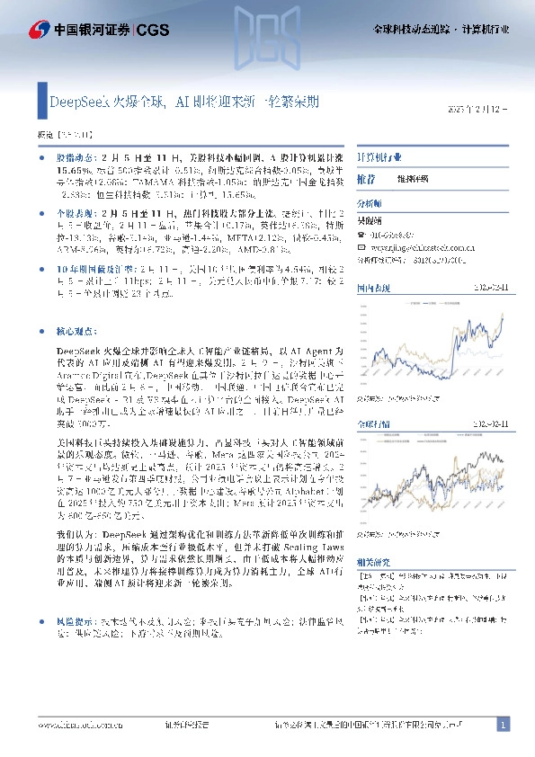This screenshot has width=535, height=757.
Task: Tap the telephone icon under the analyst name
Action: point(361,233)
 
